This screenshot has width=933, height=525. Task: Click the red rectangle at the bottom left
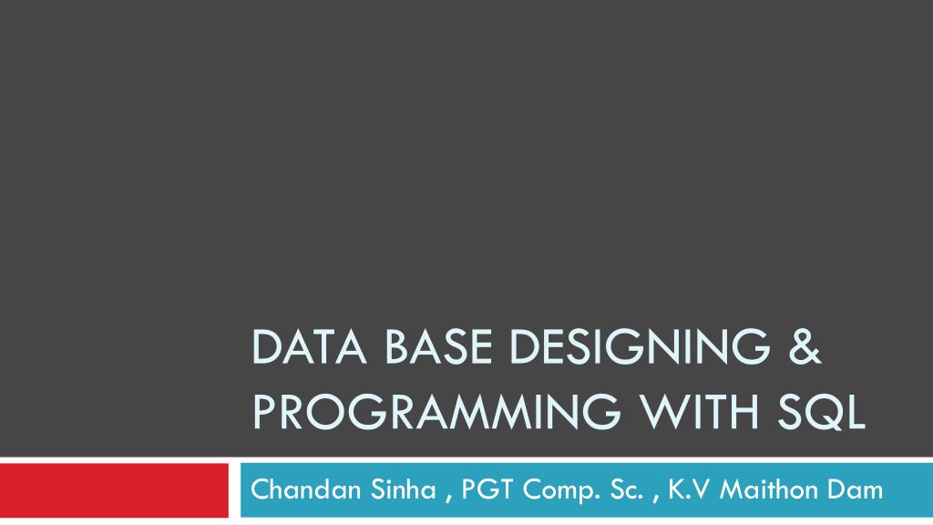point(114,490)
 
